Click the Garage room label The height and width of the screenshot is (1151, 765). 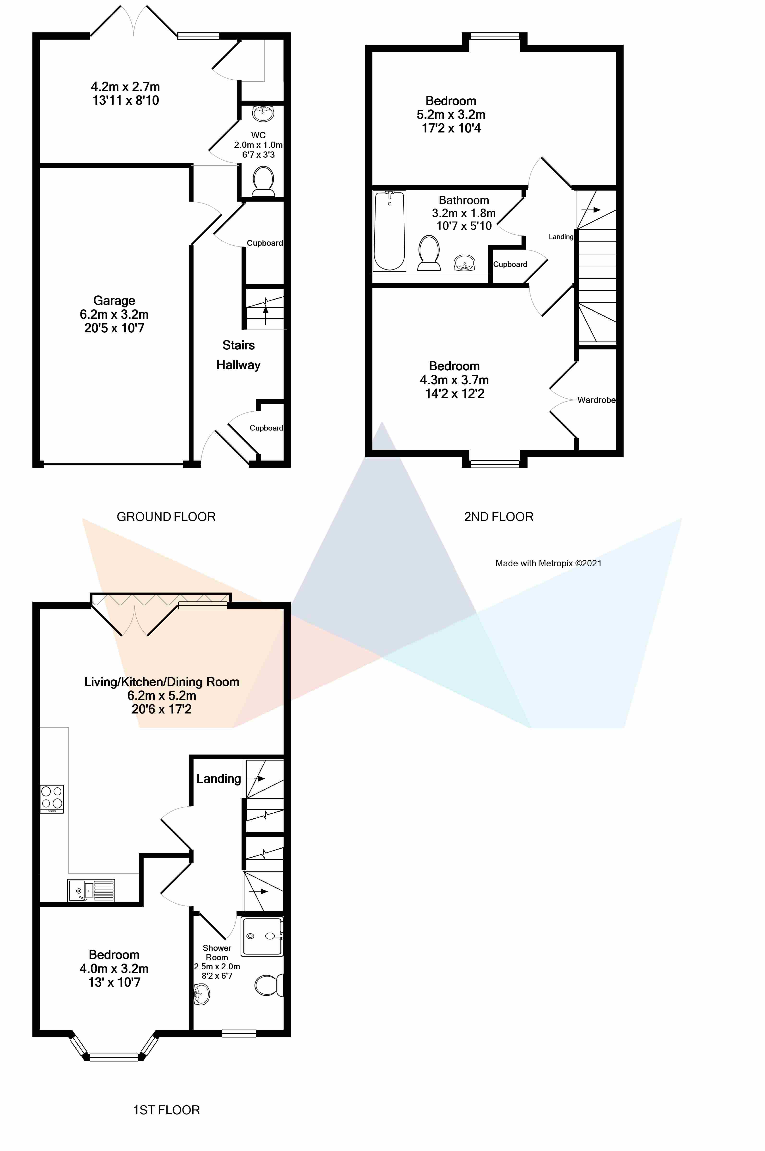pyautogui.click(x=114, y=301)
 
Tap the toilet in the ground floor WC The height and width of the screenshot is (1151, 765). pyautogui.click(x=263, y=181)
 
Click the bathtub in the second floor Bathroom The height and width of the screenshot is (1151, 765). pyautogui.click(x=389, y=231)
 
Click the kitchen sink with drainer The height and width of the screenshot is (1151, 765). pyautogui.click(x=91, y=890)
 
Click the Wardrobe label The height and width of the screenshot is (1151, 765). pyautogui.click(x=596, y=400)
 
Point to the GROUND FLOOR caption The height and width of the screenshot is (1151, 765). pyautogui.click(x=166, y=517)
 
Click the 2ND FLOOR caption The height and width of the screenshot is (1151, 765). pyautogui.click(x=499, y=517)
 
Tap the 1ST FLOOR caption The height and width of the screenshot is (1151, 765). pyautogui.click(x=166, y=1110)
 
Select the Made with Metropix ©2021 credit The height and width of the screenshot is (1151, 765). pyautogui.click(x=548, y=564)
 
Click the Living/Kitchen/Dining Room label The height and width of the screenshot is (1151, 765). pyautogui.click(x=162, y=682)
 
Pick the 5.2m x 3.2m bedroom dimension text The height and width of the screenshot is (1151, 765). pyautogui.click(x=451, y=114)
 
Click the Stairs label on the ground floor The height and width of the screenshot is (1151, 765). pyautogui.click(x=239, y=345)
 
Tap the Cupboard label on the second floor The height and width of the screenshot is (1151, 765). pyautogui.click(x=510, y=264)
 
